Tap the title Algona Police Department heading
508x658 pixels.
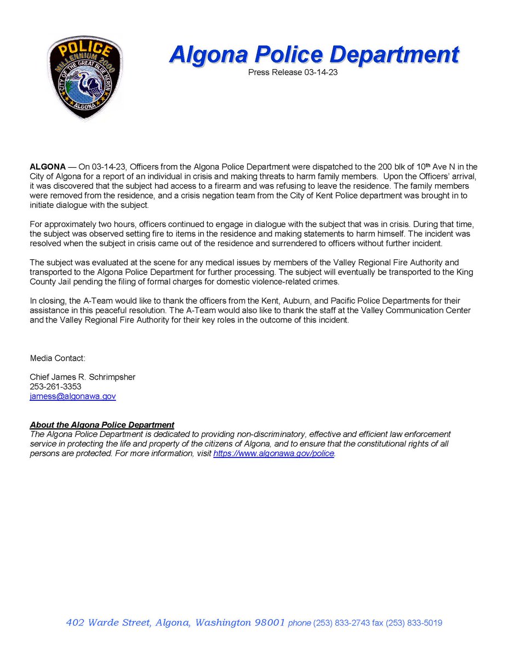pos(313,55)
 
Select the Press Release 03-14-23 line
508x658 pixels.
pos(292,72)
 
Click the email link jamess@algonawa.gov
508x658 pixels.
pos(72,396)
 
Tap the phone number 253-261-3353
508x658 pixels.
pos(55,387)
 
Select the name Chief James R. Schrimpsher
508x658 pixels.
pos(82,377)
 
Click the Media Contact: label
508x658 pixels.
pos(58,358)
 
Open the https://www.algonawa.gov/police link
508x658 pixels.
pos(273,454)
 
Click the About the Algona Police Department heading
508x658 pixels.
pos(102,425)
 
